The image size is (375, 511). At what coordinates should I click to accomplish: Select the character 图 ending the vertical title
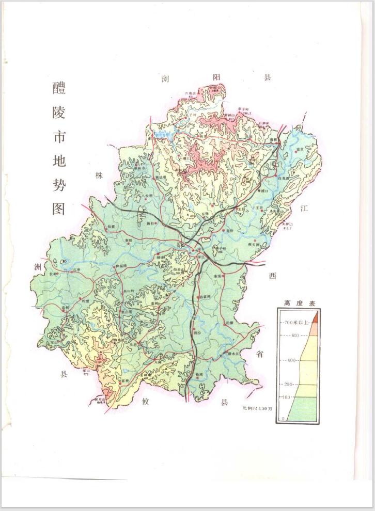click(59, 208)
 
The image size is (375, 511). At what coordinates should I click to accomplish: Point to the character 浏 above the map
click(165, 78)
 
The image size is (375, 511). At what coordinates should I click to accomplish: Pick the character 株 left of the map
click(100, 175)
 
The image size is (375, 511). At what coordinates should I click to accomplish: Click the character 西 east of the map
click(273, 277)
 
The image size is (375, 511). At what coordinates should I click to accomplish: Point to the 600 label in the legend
click(295, 335)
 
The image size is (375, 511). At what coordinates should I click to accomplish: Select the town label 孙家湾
click(205, 298)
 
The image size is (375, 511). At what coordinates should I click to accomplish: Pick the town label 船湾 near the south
click(199, 375)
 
